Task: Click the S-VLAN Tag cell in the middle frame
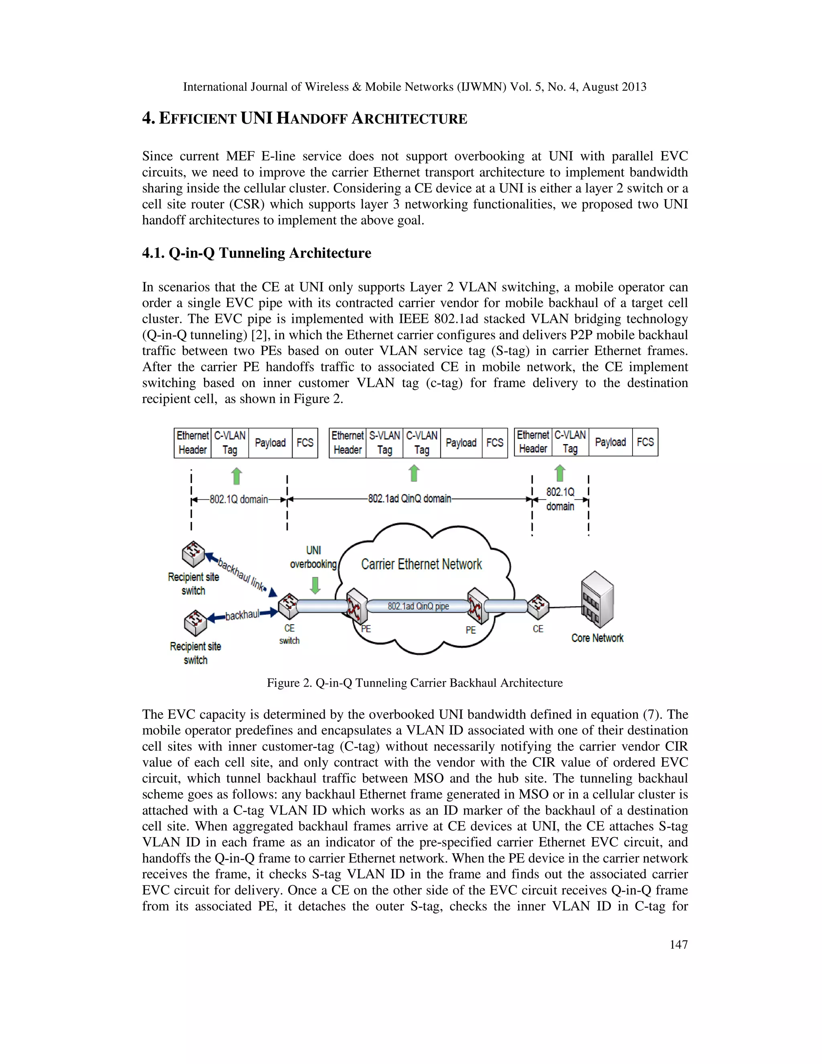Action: point(384,443)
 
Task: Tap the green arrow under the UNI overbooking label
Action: point(315,585)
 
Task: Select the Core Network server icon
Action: point(597,600)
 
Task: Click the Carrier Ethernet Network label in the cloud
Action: point(421,564)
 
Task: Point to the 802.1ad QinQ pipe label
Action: point(418,606)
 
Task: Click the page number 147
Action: point(678,945)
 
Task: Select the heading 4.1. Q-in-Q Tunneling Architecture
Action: point(256,253)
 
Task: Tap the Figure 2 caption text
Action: point(414,683)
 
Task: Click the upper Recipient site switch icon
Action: point(193,554)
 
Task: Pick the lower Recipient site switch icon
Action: point(196,623)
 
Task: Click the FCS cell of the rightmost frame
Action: point(645,442)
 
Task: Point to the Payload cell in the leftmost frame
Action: point(270,443)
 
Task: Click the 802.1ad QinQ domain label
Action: point(409,499)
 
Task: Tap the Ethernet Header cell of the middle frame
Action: point(348,443)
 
